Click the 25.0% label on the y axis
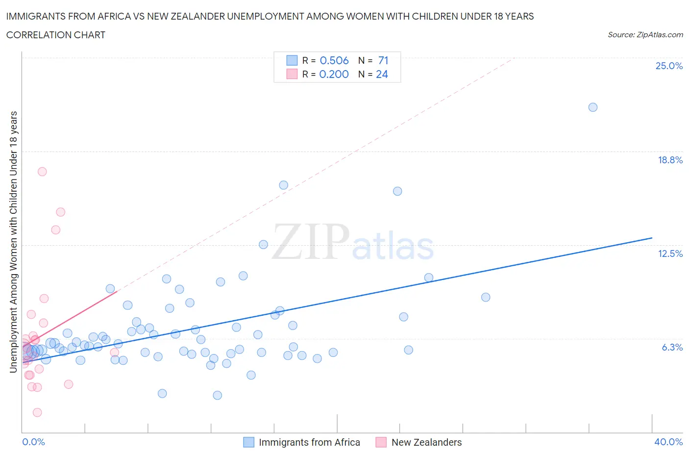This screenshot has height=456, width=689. [x=669, y=66]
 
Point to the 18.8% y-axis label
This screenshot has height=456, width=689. [x=670, y=160]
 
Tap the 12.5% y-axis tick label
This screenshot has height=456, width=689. [x=670, y=253]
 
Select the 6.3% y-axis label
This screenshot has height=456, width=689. [x=672, y=347]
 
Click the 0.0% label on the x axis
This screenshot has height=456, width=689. [x=33, y=442]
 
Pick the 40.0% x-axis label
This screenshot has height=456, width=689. [x=668, y=442]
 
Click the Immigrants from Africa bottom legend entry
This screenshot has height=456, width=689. [x=309, y=442]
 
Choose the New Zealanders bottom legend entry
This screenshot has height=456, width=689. [x=426, y=442]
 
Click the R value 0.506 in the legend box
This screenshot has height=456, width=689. [x=334, y=60]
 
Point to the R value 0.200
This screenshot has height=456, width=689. [x=334, y=74]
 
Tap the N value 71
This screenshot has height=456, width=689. [x=383, y=60]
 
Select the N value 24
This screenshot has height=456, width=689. [x=382, y=74]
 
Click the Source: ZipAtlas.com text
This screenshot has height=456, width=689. [x=645, y=35]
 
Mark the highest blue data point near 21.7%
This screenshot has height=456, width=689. [x=592, y=107]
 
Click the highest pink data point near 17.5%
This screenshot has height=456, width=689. [x=42, y=172]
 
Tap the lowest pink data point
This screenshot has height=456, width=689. [x=37, y=412]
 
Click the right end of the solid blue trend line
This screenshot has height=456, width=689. [x=652, y=238]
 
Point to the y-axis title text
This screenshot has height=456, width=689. [x=14, y=242]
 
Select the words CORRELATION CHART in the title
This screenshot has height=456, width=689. [x=56, y=35]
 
